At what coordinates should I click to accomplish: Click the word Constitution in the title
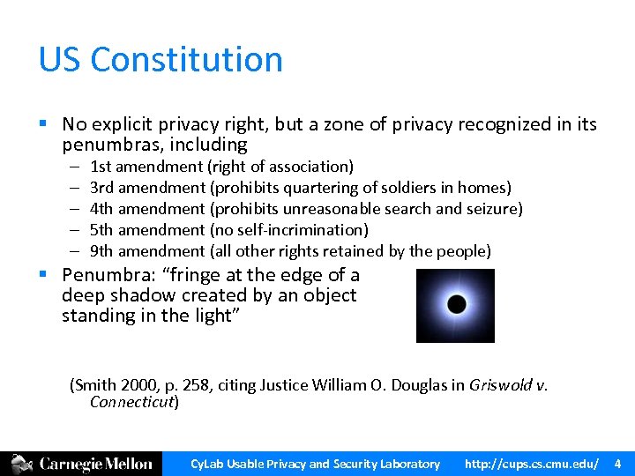(x=186, y=60)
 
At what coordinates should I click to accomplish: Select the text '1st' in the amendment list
(x=101, y=167)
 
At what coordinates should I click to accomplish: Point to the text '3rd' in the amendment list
(x=102, y=188)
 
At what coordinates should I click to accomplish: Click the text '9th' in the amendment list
(x=102, y=251)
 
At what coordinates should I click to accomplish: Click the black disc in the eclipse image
(x=456, y=305)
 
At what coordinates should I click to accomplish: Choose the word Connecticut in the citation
(x=132, y=403)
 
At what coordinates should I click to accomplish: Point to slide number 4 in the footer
(x=617, y=464)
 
